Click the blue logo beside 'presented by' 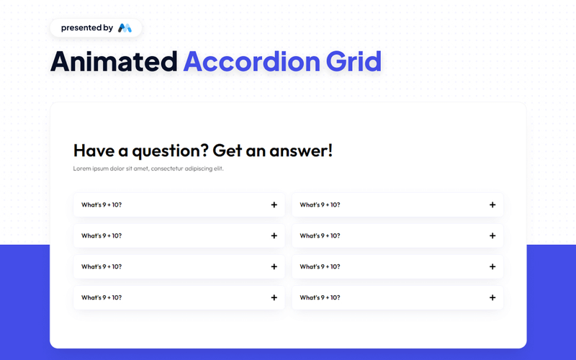pos(125,28)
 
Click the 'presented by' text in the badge pos(86,28)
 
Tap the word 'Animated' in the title pos(113,62)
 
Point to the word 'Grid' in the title pos(352,62)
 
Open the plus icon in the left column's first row pos(274,205)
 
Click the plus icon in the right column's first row pos(492,205)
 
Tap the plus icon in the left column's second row pos(274,235)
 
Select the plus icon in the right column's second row pos(492,235)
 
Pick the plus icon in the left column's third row pos(274,266)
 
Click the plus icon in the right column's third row pos(492,266)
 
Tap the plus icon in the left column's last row pos(274,297)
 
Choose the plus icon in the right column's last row pos(492,297)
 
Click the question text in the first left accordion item pos(102,205)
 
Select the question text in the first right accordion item pos(320,205)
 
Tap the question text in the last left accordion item pos(102,297)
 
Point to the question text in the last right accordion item pos(320,297)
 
